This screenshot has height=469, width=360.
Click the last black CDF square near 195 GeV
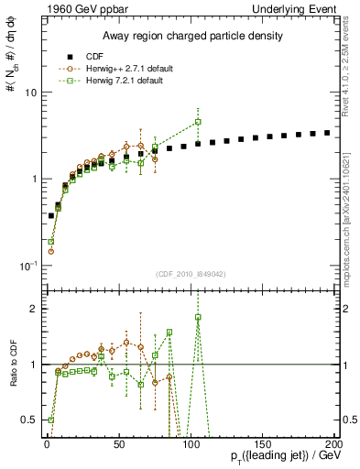pyautogui.click(x=327, y=133)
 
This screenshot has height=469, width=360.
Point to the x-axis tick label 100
pyautogui.click(x=190, y=444)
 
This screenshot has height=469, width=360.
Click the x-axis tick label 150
pyautogui.click(x=262, y=444)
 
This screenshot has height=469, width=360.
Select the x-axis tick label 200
pyautogui.click(x=333, y=444)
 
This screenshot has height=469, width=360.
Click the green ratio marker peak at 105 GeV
pyautogui.click(x=198, y=318)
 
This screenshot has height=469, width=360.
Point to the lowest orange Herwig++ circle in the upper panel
pyautogui.click(x=51, y=251)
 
